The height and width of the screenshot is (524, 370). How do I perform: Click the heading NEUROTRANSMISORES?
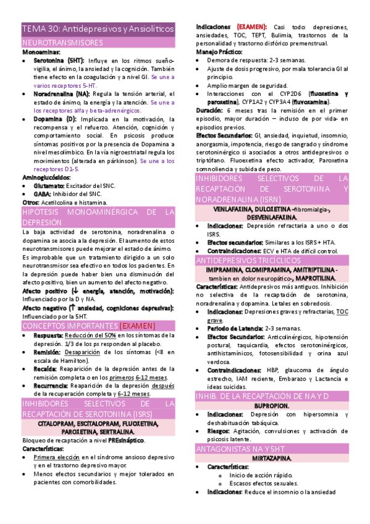pyautogui.click(x=62, y=43)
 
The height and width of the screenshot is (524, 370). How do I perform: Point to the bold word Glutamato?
pyautogui.click(x=49, y=185)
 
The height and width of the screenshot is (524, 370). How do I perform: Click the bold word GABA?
pyautogui.click(x=43, y=193)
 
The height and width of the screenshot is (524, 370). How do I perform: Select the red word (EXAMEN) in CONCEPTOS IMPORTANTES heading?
pyautogui.click(x=137, y=325)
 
